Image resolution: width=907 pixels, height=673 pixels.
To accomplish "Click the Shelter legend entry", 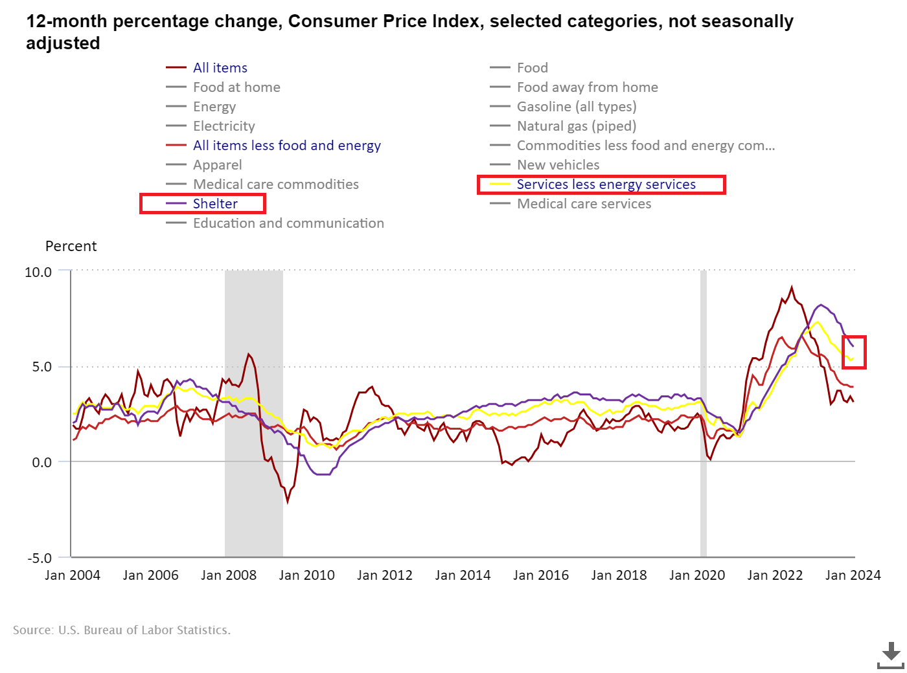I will pyautogui.click(x=215, y=204).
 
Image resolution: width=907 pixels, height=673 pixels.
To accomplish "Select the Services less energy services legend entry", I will pyautogui.click(x=606, y=184).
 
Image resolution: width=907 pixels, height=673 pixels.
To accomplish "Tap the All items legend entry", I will pyautogui.click(x=220, y=68).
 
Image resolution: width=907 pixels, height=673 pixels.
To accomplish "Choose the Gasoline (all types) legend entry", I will pyautogui.click(x=576, y=107).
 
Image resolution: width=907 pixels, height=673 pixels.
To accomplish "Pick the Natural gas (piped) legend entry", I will pyautogui.click(x=576, y=126).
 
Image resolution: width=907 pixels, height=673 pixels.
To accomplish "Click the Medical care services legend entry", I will pyautogui.click(x=584, y=204).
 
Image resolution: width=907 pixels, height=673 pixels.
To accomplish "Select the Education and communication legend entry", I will pyautogui.click(x=288, y=223).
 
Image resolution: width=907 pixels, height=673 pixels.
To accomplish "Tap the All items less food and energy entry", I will pyautogui.click(x=286, y=146).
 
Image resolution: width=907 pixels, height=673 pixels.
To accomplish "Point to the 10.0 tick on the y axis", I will pyautogui.click(x=38, y=272).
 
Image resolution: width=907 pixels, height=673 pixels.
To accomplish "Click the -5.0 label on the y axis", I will pyautogui.click(x=39, y=558).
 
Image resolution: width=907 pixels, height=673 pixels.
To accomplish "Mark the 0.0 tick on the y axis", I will pyautogui.click(x=41, y=463).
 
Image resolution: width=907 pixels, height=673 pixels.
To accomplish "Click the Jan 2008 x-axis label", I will pyautogui.click(x=229, y=575).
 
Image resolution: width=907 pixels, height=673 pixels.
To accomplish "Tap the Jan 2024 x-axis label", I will pyautogui.click(x=853, y=575).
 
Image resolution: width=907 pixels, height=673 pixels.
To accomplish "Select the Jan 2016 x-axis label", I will pyautogui.click(x=541, y=575).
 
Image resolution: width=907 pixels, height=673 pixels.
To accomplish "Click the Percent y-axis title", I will pyautogui.click(x=71, y=247).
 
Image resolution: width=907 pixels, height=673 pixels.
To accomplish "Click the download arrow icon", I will pyautogui.click(x=891, y=654).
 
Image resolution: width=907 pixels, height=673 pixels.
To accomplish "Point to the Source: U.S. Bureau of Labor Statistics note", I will pyautogui.click(x=122, y=630).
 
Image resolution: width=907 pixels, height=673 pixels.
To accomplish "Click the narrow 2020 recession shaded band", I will pyautogui.click(x=703, y=414).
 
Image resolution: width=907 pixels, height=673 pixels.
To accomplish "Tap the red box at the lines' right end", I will pyautogui.click(x=855, y=352).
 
